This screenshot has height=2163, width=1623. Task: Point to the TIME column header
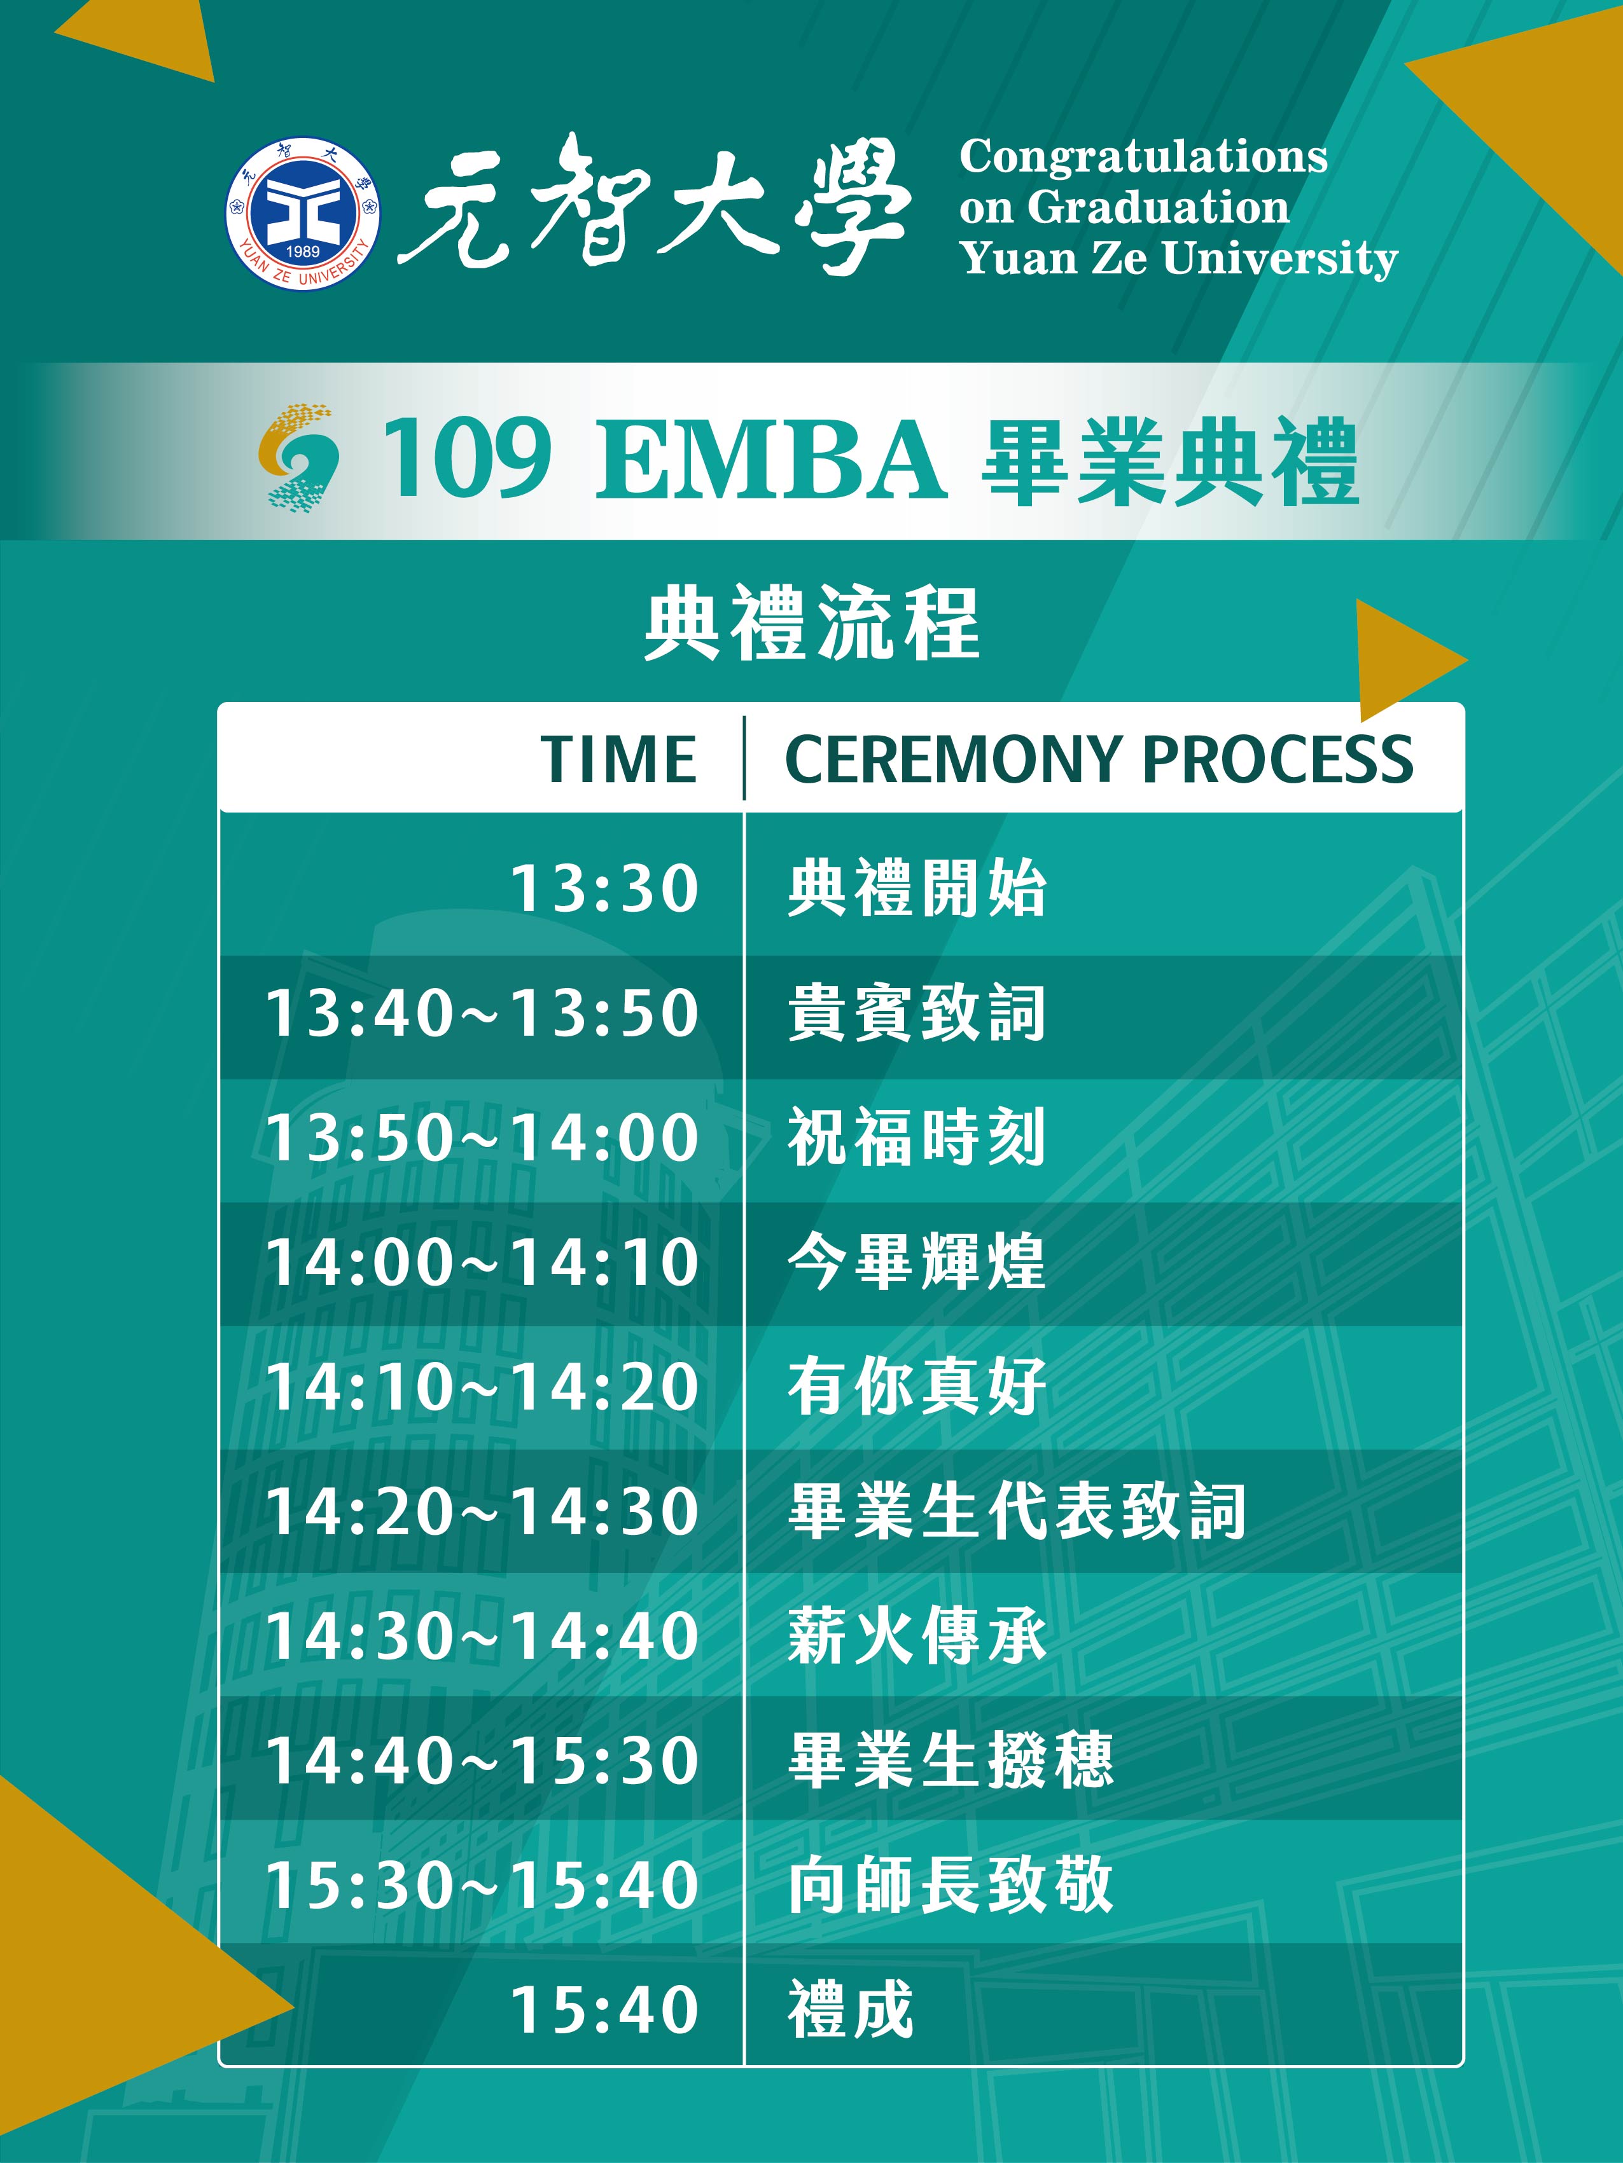(x=618, y=759)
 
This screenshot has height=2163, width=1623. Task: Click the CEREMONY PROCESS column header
(x=1099, y=759)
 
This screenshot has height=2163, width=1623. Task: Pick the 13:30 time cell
(x=604, y=889)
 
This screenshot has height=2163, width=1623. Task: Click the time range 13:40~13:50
(x=482, y=1012)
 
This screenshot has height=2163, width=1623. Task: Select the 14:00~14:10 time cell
(x=482, y=1261)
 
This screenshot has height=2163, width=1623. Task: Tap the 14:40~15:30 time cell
(x=482, y=1760)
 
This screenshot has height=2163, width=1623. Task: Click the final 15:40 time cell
(x=604, y=2010)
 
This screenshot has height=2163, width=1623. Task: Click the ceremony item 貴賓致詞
(x=917, y=1012)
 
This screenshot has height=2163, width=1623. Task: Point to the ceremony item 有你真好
(x=917, y=1385)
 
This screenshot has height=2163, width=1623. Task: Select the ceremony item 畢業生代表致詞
(x=1017, y=1511)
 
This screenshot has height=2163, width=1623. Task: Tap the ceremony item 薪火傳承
(x=917, y=1635)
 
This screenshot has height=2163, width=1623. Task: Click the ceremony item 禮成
(x=850, y=2010)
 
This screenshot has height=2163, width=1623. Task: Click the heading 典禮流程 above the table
(x=812, y=623)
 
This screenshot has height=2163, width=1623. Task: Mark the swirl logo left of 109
(x=298, y=458)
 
